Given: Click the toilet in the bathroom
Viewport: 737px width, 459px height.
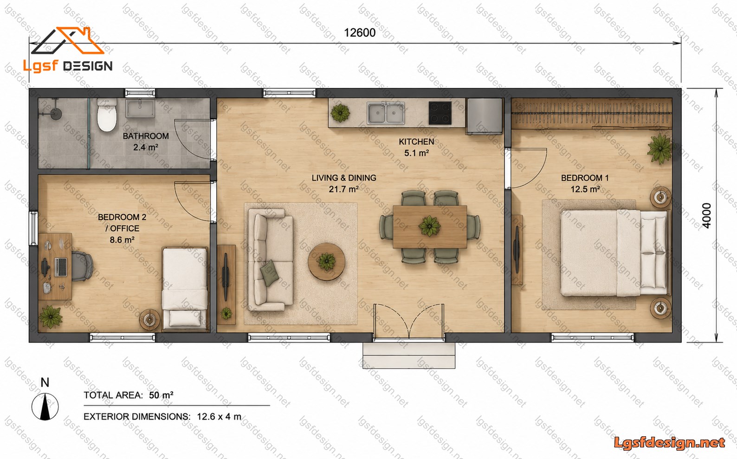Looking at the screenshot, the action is [107, 115].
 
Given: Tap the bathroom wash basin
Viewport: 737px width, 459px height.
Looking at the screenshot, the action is [140, 108].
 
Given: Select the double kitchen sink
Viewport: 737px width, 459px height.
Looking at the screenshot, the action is [386, 114].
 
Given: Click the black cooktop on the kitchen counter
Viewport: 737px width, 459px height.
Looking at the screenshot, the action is [440, 113].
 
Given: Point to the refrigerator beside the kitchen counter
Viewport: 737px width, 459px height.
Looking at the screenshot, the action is [485, 116].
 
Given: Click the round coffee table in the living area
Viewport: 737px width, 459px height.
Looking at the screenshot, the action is [326, 261].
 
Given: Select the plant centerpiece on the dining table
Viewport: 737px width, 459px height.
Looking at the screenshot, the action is [429, 227].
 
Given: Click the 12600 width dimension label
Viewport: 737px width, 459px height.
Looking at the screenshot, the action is [360, 33].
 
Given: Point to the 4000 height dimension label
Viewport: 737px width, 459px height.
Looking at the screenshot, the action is [706, 216].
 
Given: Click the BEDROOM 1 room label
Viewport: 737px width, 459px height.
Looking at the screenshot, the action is [585, 178].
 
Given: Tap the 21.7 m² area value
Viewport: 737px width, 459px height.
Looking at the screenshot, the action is [344, 189].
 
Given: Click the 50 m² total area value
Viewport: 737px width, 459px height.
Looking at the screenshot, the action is [161, 395].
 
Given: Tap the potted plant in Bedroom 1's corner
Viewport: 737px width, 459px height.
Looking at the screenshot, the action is [659, 149].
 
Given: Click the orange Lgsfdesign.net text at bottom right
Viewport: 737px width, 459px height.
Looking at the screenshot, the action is [669, 443].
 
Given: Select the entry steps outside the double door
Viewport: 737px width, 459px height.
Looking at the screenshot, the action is [409, 355].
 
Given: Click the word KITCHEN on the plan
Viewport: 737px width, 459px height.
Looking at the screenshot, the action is [416, 142].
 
